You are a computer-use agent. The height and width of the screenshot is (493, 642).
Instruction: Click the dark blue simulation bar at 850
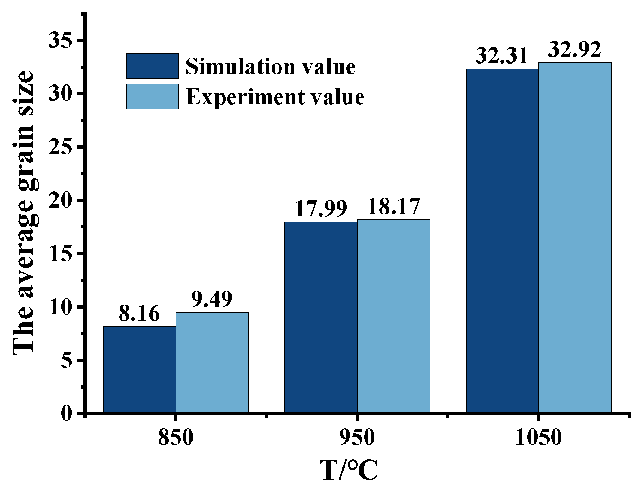click(x=139, y=370)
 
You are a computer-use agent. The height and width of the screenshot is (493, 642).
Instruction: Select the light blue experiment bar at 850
click(x=212, y=362)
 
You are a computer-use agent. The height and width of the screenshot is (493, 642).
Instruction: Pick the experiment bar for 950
click(x=393, y=316)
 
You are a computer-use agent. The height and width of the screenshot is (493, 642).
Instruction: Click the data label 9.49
click(x=212, y=299)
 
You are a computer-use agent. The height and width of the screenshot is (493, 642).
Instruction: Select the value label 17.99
click(x=321, y=208)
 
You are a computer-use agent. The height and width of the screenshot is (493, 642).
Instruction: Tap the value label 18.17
click(x=393, y=206)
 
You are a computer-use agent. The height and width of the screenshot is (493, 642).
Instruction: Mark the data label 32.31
click(x=502, y=56)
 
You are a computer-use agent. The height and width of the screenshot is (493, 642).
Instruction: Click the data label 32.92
click(x=575, y=49)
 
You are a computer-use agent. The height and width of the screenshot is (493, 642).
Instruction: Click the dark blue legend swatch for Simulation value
click(x=152, y=66)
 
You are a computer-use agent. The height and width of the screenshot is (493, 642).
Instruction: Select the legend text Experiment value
click(x=275, y=97)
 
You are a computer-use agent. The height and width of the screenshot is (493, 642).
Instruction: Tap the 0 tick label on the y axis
click(x=67, y=413)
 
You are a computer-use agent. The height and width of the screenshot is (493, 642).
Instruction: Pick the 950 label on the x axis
click(x=357, y=438)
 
